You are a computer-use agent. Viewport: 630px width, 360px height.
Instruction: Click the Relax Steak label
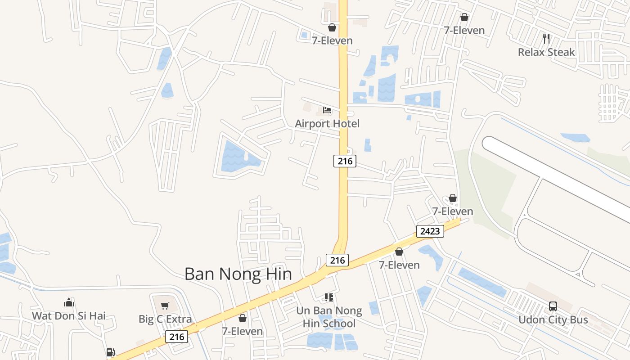(546, 52)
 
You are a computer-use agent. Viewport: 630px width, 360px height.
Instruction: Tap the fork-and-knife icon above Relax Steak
(546, 39)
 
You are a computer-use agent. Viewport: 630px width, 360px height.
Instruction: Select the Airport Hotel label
(327, 123)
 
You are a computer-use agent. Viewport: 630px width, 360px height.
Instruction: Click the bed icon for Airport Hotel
(327, 110)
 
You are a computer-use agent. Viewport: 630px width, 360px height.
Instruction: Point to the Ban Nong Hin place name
(238, 274)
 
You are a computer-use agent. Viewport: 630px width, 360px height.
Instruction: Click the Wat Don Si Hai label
(69, 316)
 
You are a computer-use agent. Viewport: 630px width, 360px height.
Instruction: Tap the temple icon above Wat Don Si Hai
(69, 302)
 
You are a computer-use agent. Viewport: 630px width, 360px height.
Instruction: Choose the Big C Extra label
(165, 319)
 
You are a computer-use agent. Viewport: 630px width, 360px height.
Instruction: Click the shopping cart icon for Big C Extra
(165, 306)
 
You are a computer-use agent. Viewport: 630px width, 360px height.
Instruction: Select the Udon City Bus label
(553, 320)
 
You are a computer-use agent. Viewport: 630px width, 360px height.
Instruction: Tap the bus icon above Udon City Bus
(553, 306)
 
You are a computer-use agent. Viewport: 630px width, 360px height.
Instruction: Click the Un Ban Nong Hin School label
(329, 317)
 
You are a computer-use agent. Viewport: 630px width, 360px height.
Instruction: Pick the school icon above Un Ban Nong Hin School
(329, 297)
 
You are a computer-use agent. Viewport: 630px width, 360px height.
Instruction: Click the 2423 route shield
(430, 231)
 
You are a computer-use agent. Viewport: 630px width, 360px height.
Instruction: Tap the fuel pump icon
(110, 352)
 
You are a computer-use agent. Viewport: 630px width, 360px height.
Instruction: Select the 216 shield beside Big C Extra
(176, 337)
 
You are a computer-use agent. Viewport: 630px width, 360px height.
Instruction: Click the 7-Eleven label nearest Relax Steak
(464, 31)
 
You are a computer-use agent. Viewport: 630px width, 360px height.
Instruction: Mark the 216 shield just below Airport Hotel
(345, 161)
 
